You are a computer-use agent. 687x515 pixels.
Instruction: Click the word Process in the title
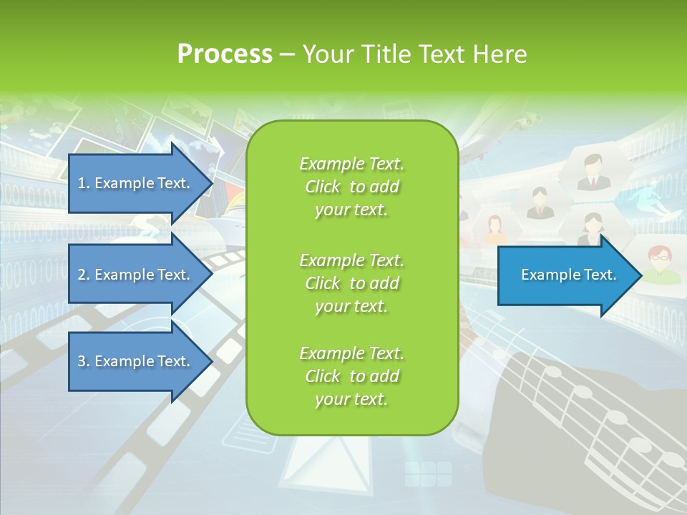point(225,54)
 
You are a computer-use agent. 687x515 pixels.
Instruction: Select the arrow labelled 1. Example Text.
point(136,183)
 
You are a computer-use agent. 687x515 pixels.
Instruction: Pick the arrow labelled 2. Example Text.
point(136,275)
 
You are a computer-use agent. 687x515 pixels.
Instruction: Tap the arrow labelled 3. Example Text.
point(136,361)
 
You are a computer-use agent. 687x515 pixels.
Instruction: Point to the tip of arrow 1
point(213,183)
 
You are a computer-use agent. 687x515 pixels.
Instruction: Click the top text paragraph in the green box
point(351,187)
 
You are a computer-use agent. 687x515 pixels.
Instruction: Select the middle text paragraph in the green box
point(351,283)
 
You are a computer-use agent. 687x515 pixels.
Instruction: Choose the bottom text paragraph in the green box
point(351,376)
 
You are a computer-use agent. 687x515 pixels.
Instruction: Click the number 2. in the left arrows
point(84,275)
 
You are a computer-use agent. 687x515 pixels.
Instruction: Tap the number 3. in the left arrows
point(84,361)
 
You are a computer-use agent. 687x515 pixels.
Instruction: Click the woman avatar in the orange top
point(494,230)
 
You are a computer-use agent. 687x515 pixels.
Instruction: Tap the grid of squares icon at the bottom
point(428,474)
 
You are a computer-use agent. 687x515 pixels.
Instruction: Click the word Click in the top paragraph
point(323,187)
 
